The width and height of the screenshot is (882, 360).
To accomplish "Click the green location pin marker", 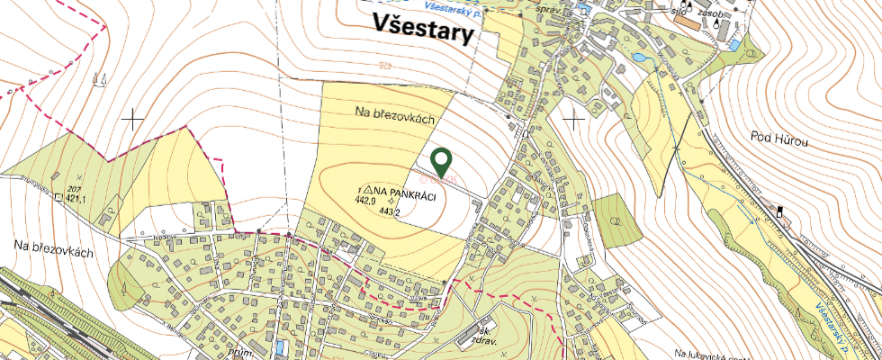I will (x=441, y=162).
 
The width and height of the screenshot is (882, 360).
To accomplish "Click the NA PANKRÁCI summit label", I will (x=405, y=192).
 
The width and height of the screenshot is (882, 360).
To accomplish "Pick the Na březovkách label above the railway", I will (x=54, y=252).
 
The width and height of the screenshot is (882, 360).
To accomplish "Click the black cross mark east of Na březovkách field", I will (x=573, y=117).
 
